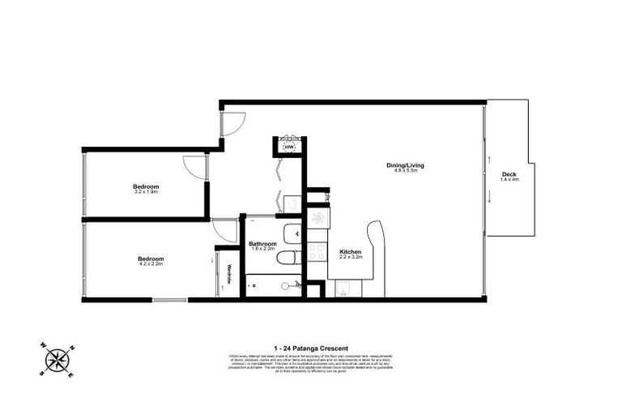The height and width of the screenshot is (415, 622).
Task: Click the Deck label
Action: [x=509, y=174]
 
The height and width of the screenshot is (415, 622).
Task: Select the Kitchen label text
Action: [x=351, y=251]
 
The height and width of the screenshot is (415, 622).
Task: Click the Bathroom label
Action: [x=262, y=243]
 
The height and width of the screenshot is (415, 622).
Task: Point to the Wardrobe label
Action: [x=229, y=275]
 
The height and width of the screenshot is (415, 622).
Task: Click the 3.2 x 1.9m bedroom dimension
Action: [x=146, y=192]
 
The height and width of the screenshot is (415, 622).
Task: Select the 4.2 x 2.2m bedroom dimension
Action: [x=151, y=263]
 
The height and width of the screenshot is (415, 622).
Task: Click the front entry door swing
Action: [x=231, y=122]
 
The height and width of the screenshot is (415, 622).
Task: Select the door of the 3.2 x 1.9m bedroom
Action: [x=195, y=165]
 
